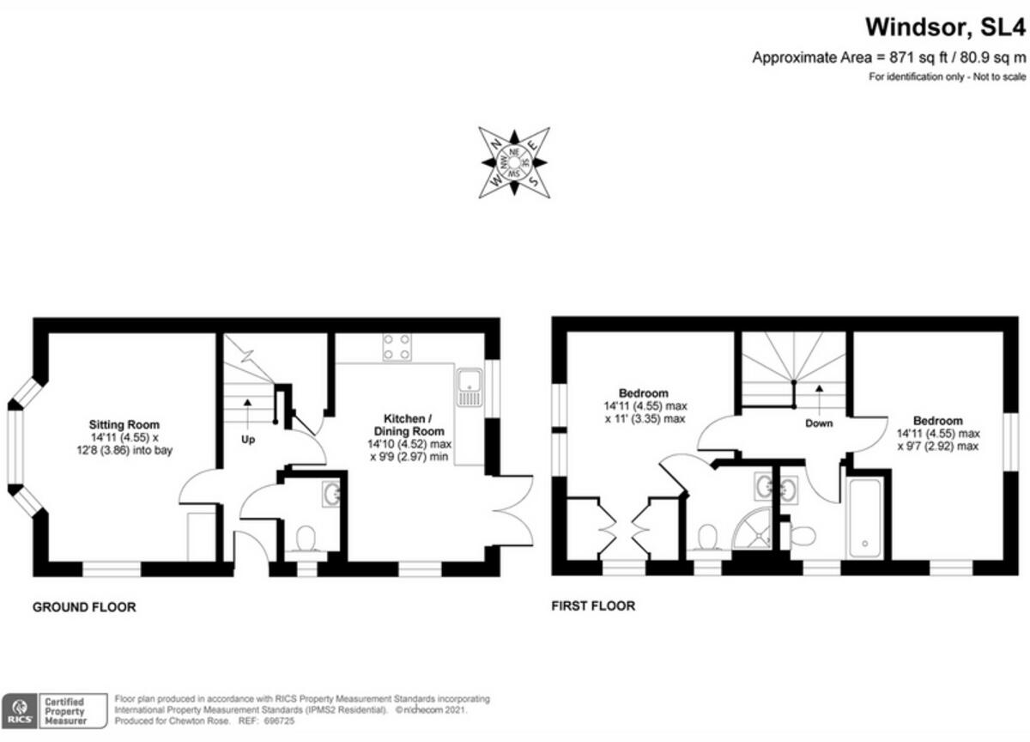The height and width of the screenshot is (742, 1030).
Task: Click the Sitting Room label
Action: (x=124, y=424)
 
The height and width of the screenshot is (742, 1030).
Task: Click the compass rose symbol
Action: (x=513, y=163)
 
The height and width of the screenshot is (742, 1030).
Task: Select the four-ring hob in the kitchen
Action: (x=396, y=346)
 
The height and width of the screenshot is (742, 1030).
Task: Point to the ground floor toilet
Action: (x=305, y=538)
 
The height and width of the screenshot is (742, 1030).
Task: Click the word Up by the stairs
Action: (x=248, y=440)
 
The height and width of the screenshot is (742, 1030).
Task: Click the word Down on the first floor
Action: (x=820, y=423)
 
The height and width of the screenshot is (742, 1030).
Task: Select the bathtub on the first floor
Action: (x=864, y=519)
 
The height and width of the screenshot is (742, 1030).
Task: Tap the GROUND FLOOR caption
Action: (x=84, y=607)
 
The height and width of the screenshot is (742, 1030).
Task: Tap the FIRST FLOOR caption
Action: (x=593, y=606)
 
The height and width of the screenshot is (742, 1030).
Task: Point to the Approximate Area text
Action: (x=888, y=58)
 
